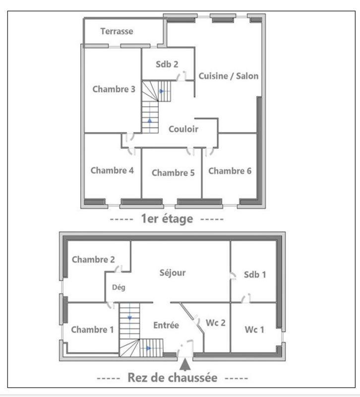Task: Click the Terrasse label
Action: [117, 31]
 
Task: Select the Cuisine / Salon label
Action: [229, 76]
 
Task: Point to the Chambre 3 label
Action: [114, 89]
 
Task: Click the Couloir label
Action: [183, 129]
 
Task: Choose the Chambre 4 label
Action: [112, 170]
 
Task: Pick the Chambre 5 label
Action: [173, 173]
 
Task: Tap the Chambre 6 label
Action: [230, 171]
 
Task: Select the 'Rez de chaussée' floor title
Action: [172, 378]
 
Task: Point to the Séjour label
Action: [173, 272]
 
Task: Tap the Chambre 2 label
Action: [93, 260]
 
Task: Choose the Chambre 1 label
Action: [92, 330]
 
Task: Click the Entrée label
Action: [166, 326]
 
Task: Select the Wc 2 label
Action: [216, 323]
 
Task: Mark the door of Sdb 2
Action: [182, 75]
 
